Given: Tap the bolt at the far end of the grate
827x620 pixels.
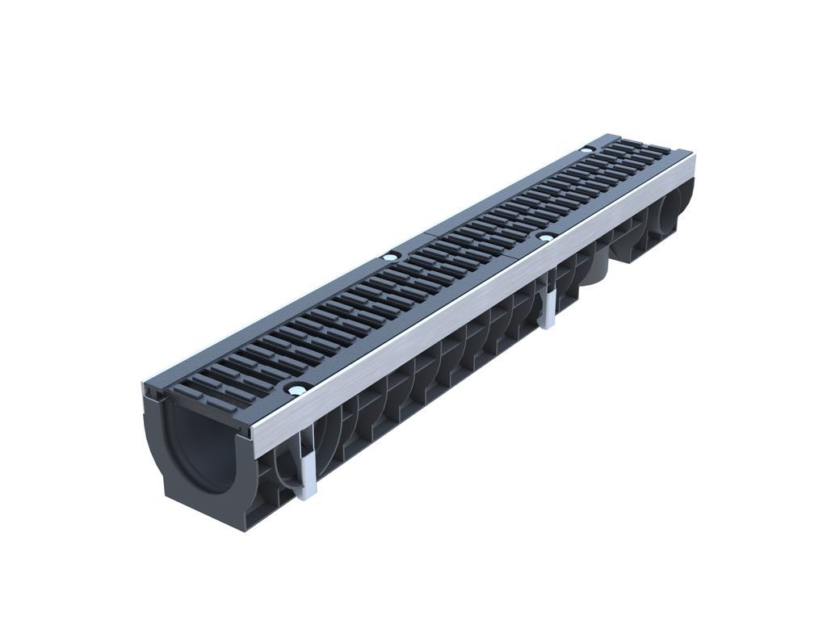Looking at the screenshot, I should pos(586,150).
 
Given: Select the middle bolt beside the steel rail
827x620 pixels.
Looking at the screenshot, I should pos(546,237).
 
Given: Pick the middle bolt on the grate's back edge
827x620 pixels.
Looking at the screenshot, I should pos(391,256).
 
